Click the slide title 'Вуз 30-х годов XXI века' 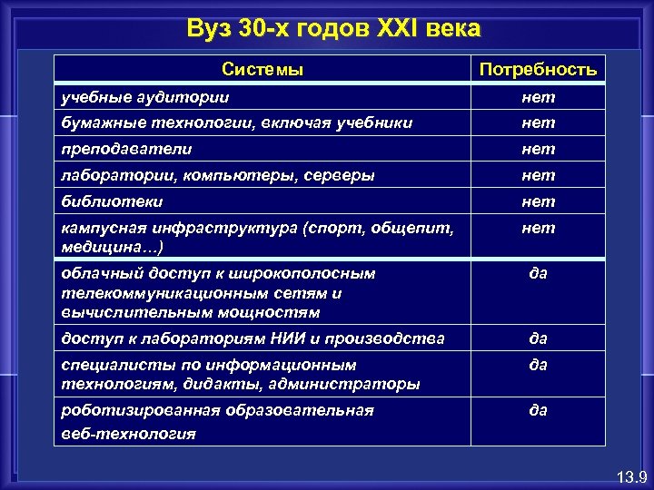point(333,28)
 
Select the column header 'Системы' point(263,69)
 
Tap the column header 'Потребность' point(538,69)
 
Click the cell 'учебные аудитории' point(145,96)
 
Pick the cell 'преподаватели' point(126,149)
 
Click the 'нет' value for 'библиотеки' point(538,201)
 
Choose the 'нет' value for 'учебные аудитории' point(538,96)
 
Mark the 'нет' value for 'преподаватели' point(538,149)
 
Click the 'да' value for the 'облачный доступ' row point(538,272)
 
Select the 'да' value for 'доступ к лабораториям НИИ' point(538,338)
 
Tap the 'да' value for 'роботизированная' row point(538,410)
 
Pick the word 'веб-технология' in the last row point(128,433)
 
